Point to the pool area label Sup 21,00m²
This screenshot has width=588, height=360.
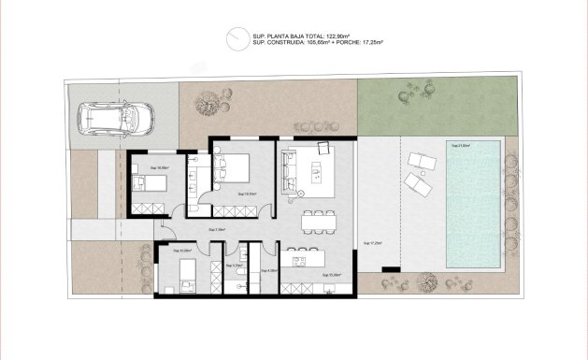(462, 146)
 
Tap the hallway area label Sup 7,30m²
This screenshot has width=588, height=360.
(216, 229)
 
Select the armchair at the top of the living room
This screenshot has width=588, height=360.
(325, 147)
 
